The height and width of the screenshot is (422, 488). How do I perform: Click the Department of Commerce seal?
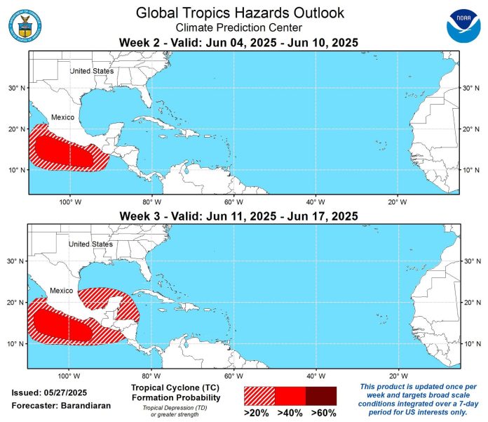click(25, 25)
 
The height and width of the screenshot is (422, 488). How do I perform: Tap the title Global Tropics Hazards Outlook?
click(239, 13)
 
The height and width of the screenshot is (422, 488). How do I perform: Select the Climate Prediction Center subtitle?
click(239, 28)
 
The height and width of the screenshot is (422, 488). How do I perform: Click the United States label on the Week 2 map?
click(91, 71)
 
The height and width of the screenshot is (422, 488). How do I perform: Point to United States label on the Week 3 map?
click(91, 244)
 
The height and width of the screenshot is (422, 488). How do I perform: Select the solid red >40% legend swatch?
click(290, 395)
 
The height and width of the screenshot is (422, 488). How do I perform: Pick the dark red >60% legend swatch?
click(321, 395)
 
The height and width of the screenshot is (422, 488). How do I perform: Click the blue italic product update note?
click(418, 397)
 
